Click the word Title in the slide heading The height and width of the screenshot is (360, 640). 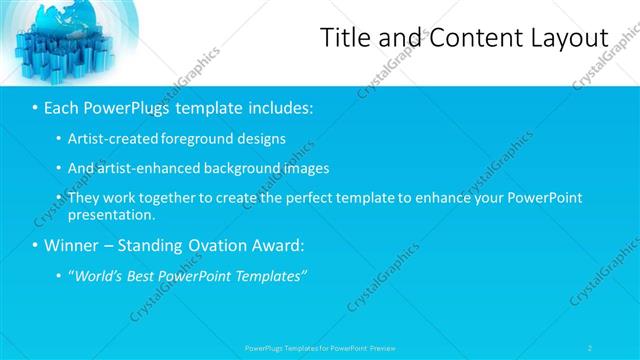click(x=343, y=37)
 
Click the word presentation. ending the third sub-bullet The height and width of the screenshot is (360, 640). click(x=111, y=214)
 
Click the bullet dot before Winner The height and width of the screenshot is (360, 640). click(x=36, y=245)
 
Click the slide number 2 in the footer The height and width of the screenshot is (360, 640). click(x=590, y=347)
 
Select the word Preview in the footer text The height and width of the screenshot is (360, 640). click(x=382, y=347)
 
